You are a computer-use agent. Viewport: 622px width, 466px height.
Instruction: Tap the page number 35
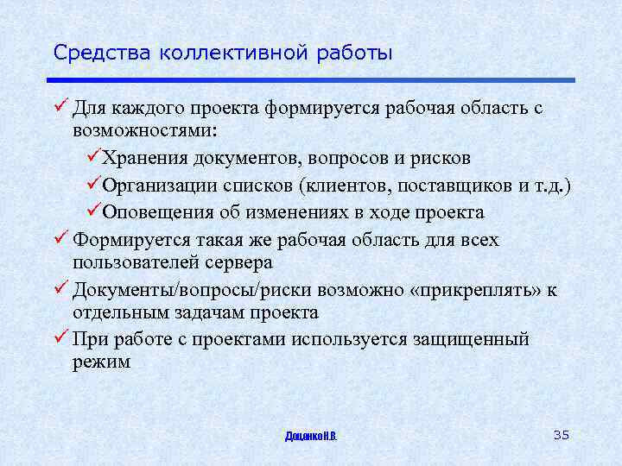(561, 434)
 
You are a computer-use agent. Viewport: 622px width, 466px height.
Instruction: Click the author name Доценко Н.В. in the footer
(311, 436)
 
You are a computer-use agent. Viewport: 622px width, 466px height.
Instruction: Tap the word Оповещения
(159, 212)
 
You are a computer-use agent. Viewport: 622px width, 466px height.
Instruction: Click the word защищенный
(468, 339)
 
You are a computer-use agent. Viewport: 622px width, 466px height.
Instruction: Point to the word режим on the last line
(102, 362)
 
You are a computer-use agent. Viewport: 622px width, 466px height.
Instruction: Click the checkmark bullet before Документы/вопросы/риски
(60, 289)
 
